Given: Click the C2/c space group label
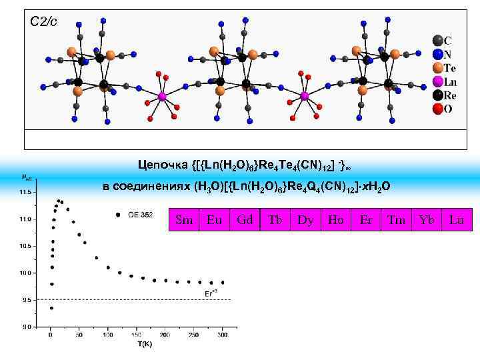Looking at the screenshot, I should pos(44,22).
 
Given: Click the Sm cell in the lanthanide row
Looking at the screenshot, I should pos(183,219).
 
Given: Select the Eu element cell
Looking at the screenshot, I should pos(214,219).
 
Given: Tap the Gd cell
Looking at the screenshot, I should pos(245,219).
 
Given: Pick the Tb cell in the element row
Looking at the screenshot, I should pos(275,219).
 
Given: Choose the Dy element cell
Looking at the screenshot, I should pos(305,219).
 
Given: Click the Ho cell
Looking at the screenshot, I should pos(336,219).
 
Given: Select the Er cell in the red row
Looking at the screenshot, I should pos(366,219).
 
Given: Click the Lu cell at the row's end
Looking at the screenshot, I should pos(457,219).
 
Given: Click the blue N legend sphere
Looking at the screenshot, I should pos(437,55).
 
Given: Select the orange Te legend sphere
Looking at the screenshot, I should pos(437,68).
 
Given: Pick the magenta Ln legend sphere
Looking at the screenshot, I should pos(437,81).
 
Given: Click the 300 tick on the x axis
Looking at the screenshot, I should pos(223,334).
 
